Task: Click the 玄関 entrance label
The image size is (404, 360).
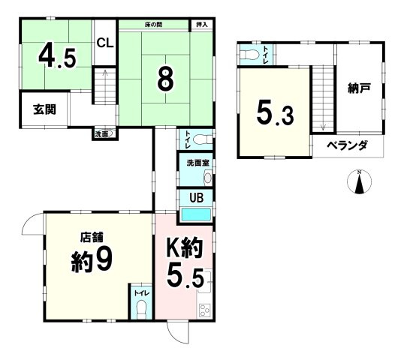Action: pyautogui.click(x=43, y=109)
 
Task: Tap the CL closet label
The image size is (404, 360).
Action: pyautogui.click(x=104, y=43)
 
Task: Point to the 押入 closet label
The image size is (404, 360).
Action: pyautogui.click(x=200, y=25)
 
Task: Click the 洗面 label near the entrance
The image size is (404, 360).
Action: pyautogui.click(x=102, y=134)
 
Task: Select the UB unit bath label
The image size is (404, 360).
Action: pyautogui.click(x=194, y=199)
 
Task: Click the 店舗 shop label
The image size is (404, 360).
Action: pyautogui.click(x=92, y=238)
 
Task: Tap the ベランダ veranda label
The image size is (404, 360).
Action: pyautogui.click(x=346, y=145)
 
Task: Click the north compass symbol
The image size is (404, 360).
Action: pyautogui.click(x=360, y=181)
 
